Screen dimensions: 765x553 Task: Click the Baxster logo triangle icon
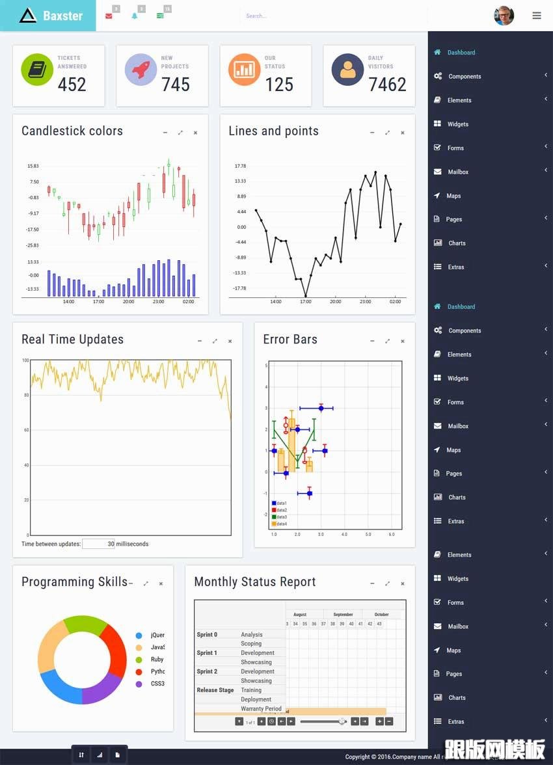27,16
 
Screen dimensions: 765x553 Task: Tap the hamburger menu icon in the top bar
537,16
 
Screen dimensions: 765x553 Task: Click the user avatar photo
504,16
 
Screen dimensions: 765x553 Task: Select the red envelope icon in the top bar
109,16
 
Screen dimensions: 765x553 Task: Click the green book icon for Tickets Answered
37,70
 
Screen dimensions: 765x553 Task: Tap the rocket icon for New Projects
141,70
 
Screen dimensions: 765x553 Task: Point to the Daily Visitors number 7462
387,85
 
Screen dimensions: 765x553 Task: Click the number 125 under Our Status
279,85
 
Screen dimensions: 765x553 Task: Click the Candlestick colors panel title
72,131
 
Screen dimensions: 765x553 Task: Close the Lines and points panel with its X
403,133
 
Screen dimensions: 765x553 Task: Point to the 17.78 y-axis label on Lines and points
240,166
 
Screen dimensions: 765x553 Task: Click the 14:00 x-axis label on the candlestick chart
68,302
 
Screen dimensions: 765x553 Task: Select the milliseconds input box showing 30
99,544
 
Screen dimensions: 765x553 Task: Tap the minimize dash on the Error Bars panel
372,341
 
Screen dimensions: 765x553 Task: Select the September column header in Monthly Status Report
343,614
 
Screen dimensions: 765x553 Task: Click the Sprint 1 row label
207,652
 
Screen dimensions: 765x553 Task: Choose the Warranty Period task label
261,708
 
